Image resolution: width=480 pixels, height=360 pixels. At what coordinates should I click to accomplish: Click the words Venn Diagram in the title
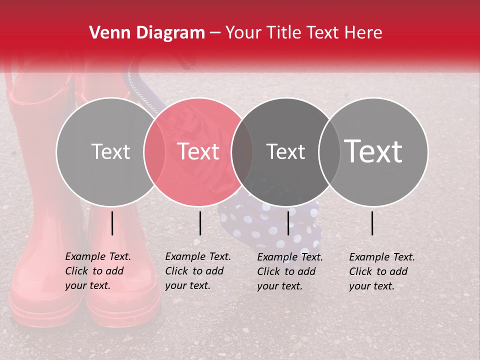[147, 33]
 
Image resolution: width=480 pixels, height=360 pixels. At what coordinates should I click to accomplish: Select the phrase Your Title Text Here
[304, 33]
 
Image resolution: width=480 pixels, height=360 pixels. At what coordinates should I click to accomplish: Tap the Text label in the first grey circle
[110, 151]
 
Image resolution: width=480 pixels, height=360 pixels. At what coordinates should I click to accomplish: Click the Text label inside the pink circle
[198, 151]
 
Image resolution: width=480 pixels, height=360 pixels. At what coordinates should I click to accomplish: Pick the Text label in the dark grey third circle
[285, 151]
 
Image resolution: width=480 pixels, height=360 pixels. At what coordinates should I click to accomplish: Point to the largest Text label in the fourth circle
[373, 151]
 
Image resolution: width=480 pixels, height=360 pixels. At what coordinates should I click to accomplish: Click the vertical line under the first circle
[112, 223]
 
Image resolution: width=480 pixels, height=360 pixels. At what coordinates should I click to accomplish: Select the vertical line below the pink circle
[200, 223]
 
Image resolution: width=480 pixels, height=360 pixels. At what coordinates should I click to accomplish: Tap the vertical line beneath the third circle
[288, 223]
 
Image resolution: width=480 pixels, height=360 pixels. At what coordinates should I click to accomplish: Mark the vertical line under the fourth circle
[372, 223]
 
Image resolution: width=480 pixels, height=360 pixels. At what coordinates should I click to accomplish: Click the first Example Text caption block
[98, 271]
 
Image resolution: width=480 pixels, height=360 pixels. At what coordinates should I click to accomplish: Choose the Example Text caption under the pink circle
[198, 271]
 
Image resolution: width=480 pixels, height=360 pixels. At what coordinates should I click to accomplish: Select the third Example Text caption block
[290, 271]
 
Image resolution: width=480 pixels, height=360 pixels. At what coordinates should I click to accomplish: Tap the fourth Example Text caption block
[382, 271]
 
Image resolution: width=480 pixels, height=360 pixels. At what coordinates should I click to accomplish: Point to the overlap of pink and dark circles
[241, 151]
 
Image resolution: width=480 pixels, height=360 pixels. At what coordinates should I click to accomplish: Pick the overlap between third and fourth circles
[328, 151]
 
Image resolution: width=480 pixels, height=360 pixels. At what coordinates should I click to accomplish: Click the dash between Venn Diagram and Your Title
[214, 33]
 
